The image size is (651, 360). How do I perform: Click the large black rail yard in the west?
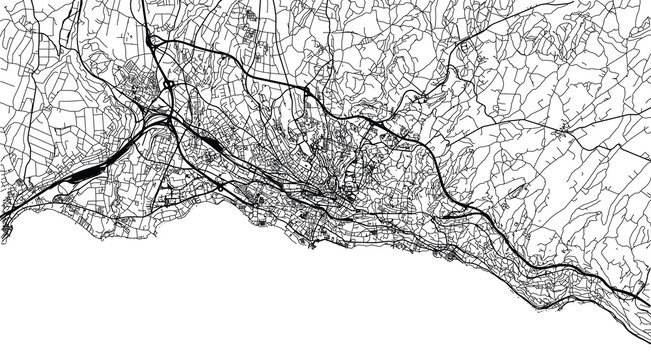click(80, 174)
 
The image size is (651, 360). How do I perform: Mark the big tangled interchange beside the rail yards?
click(165, 118)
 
